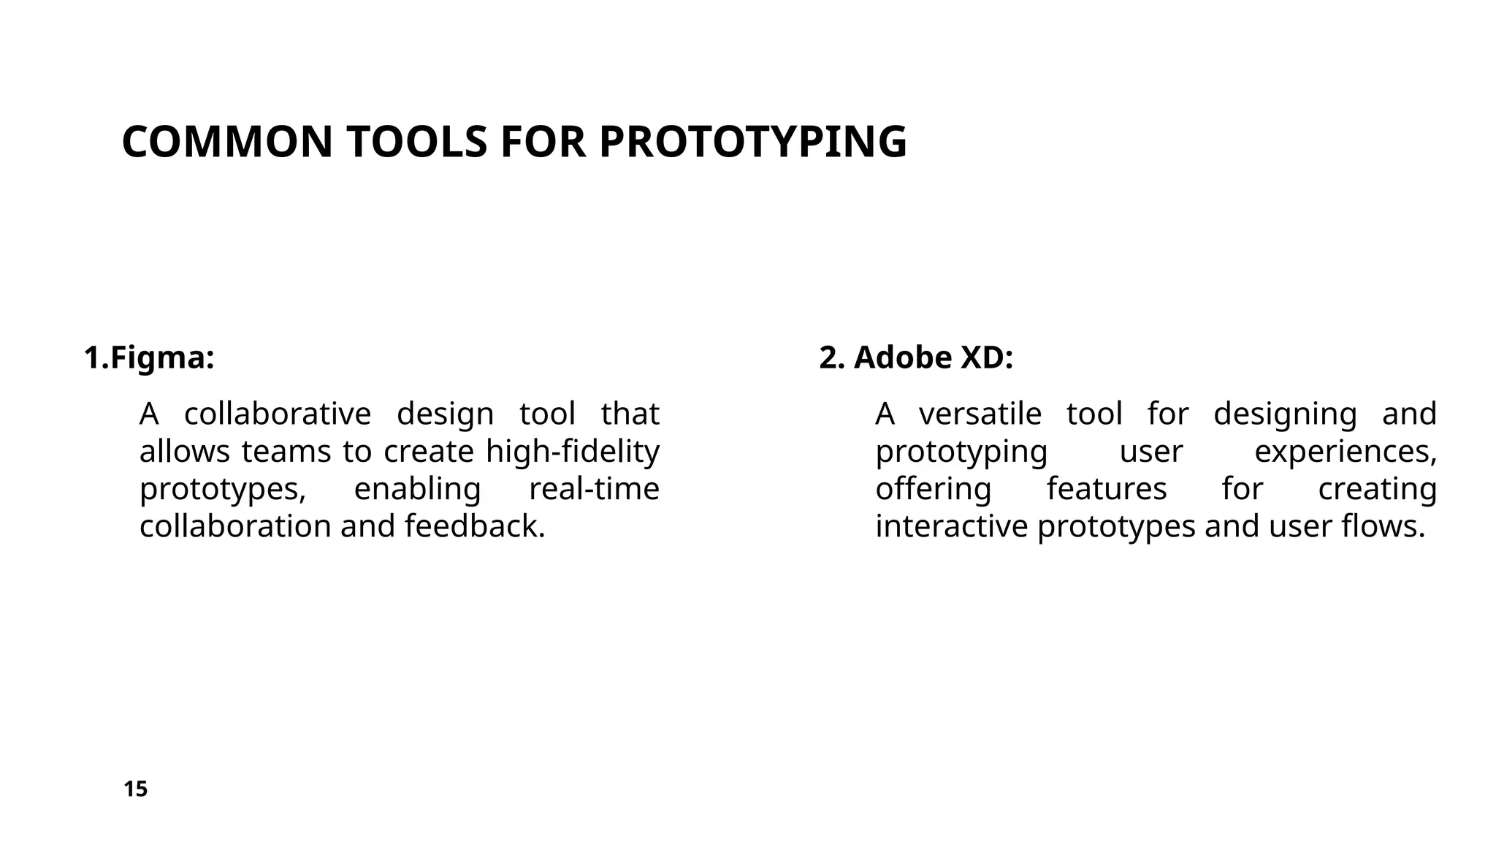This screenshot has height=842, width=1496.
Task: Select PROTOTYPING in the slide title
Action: pos(753,142)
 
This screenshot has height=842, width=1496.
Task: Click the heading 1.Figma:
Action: pos(149,358)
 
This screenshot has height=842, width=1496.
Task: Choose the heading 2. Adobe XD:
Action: pos(916,358)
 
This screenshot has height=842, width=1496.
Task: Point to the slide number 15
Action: pos(136,789)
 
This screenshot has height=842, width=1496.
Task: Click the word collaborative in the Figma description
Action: pos(278,414)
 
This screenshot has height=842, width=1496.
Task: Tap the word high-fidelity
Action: pos(573,452)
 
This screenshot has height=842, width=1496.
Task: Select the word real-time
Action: pos(594,489)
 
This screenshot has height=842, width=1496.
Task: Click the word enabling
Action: pos(418,489)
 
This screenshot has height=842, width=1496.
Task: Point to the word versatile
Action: pos(980,414)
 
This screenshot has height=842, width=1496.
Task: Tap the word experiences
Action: pos(1346,452)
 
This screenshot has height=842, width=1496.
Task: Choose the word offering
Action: pos(934,489)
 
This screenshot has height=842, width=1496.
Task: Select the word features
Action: pos(1107,489)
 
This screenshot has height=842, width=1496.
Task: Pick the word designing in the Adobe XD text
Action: pos(1286,414)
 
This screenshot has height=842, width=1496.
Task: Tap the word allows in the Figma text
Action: pos(185,452)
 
